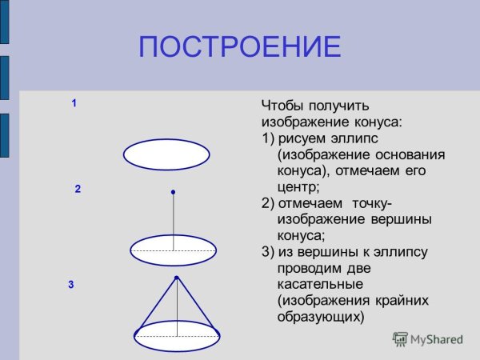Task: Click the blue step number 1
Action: [x=74, y=103]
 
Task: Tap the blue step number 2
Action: [x=78, y=190]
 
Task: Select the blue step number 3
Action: [x=71, y=284]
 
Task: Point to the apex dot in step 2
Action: [x=173, y=192]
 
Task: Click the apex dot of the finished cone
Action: [x=176, y=278]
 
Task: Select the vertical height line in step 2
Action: [x=173, y=220]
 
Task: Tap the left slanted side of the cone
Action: [x=157, y=304]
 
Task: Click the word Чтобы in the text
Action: [x=281, y=105]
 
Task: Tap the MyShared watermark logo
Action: [x=427, y=339]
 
